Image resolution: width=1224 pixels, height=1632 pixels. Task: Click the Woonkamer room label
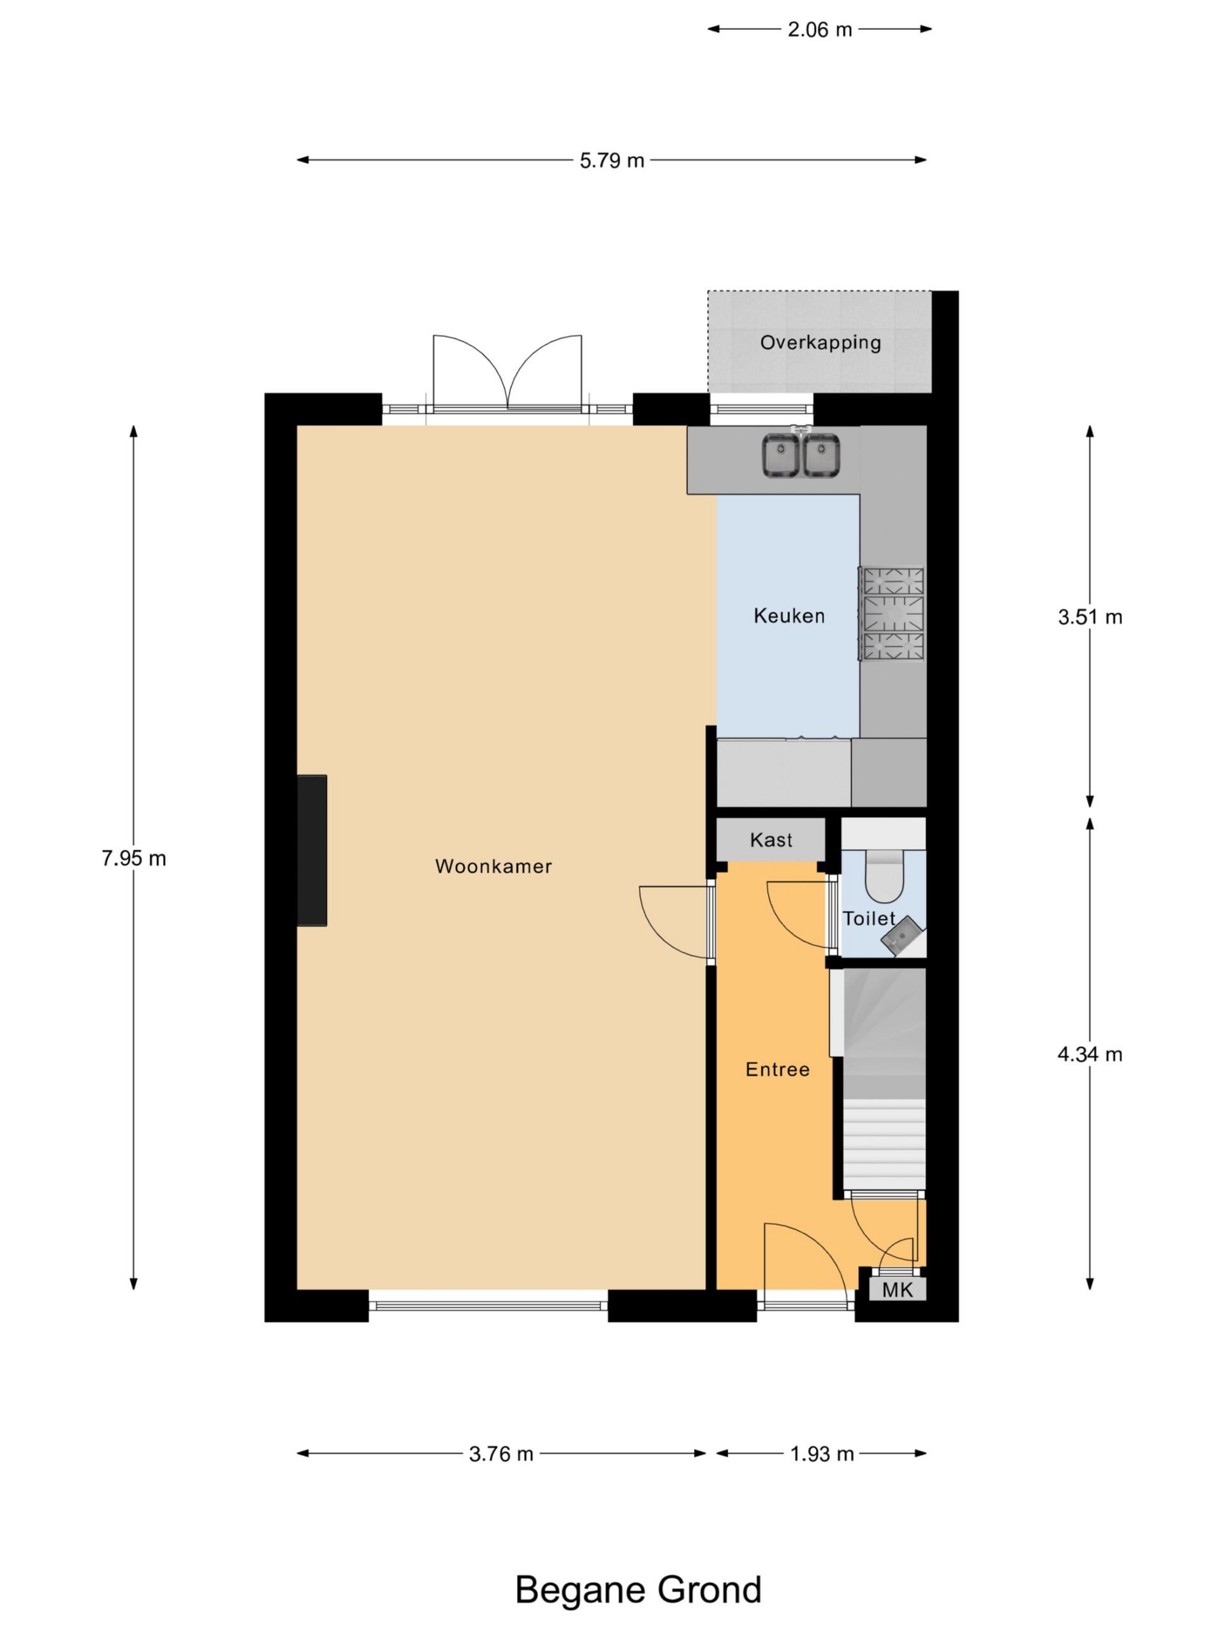coord(493,866)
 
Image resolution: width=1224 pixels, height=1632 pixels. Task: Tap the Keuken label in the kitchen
coord(789,615)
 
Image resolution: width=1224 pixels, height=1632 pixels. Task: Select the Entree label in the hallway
coord(777,1069)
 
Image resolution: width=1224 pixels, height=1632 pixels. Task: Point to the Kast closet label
coord(771,840)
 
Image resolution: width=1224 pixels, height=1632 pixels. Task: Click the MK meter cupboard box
coord(897,1289)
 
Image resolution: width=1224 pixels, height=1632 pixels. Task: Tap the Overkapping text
coord(820,342)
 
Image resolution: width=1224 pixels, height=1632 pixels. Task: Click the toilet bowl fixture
coord(884,876)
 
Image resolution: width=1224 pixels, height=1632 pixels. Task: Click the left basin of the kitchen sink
coord(780,455)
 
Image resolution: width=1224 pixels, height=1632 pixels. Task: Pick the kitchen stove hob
coord(891,613)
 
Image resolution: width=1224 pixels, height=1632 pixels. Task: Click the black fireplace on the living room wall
coord(311,849)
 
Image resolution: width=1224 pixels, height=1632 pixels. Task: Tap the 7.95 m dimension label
coord(133,858)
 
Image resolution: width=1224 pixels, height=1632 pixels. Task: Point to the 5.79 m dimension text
coord(611,160)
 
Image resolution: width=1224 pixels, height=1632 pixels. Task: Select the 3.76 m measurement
coord(501,1453)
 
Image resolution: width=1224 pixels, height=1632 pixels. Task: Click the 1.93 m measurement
coord(822,1453)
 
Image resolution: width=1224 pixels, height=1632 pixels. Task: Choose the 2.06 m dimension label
coord(820,29)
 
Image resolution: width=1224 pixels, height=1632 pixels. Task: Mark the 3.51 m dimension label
coord(1089,617)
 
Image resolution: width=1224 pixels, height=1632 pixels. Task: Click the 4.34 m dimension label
coord(1089,1054)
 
